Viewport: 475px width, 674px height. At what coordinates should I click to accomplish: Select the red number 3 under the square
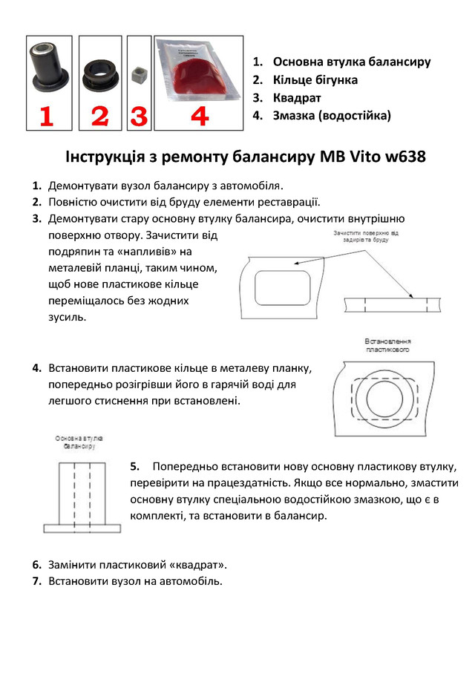click(138, 117)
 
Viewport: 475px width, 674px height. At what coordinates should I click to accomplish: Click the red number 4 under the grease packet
click(199, 116)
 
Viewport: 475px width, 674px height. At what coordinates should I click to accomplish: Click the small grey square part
click(139, 76)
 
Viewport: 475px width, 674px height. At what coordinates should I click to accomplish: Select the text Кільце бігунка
click(315, 79)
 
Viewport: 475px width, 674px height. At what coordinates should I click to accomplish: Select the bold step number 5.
click(135, 466)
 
